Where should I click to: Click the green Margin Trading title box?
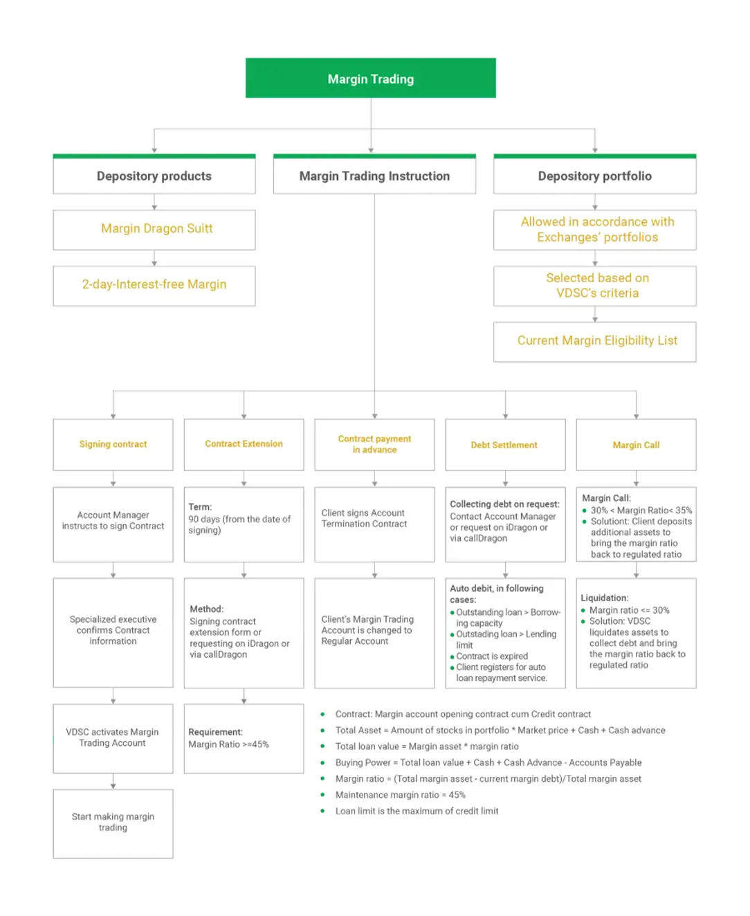pyautogui.click(x=371, y=78)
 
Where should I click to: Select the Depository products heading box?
pyautogui.click(x=154, y=176)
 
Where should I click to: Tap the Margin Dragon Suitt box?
pyautogui.click(x=154, y=229)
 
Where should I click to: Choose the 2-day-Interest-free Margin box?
pyautogui.click(x=154, y=285)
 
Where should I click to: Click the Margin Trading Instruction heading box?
pyautogui.click(x=374, y=176)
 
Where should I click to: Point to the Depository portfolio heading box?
pyautogui.click(x=595, y=176)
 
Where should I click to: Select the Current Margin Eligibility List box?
pyautogui.click(x=595, y=341)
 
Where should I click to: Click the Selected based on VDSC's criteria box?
pyautogui.click(x=595, y=286)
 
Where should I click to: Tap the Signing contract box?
pyautogui.click(x=113, y=444)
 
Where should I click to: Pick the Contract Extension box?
pyautogui.click(x=244, y=444)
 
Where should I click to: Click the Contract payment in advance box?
pyautogui.click(x=374, y=444)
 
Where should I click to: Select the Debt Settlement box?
pyautogui.click(x=505, y=445)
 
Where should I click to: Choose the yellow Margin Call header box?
pyautogui.click(x=636, y=445)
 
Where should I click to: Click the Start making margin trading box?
pyautogui.click(x=113, y=823)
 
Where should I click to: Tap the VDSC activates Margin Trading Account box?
pyautogui.click(x=113, y=738)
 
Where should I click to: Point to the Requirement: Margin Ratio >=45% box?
pyautogui.click(x=244, y=738)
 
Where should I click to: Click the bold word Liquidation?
pyautogui.click(x=605, y=598)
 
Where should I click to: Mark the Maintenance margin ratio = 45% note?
pyautogui.click(x=400, y=795)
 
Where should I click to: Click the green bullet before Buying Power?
pyautogui.click(x=322, y=762)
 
